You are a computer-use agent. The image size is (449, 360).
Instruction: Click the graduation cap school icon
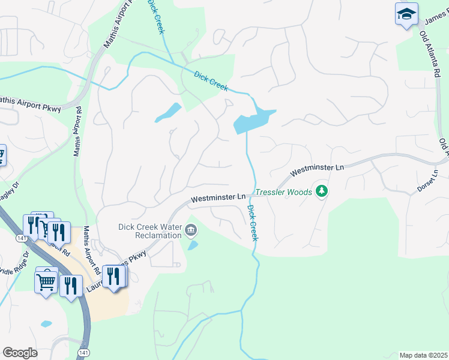(x=406, y=13)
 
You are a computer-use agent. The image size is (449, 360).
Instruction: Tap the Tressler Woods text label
(x=284, y=192)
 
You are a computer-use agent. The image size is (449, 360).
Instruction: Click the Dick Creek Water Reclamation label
(x=149, y=231)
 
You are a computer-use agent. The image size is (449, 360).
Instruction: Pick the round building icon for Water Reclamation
(x=191, y=230)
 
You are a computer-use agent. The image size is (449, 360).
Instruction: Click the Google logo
(x=20, y=352)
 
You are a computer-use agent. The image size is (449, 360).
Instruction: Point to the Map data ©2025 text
(x=423, y=355)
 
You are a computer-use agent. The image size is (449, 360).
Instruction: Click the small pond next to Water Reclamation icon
(x=192, y=245)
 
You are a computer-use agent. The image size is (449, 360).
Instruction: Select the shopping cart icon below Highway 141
(x=46, y=281)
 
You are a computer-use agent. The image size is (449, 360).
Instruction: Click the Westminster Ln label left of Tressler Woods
(x=218, y=197)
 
